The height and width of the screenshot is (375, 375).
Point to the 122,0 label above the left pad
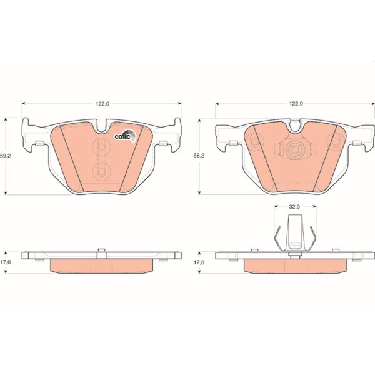click(x=102, y=104)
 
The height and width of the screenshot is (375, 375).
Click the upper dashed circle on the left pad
click(x=99, y=147)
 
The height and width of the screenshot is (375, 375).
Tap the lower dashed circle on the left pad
click(x=99, y=172)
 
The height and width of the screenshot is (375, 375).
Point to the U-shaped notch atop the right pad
click(x=294, y=126)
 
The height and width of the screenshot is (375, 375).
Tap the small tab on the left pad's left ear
click(x=39, y=144)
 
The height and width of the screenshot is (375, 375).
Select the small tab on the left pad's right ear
click(x=164, y=144)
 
